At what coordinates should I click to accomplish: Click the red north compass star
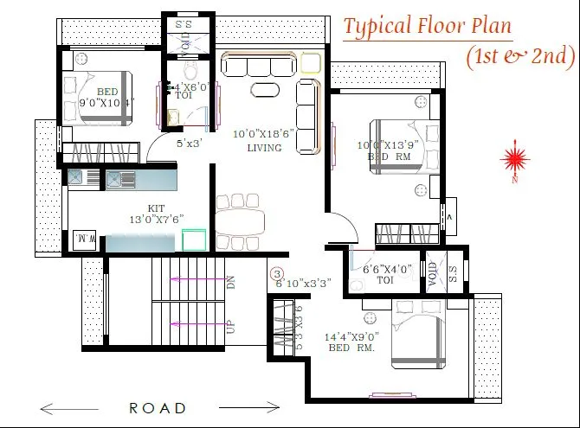(x=515, y=157)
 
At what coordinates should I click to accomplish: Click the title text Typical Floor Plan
(x=428, y=26)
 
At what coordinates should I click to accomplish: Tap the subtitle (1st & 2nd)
(x=519, y=56)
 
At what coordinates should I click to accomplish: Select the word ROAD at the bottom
(x=158, y=407)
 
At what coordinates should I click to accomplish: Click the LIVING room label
(x=263, y=148)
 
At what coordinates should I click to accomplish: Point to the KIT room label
(x=156, y=208)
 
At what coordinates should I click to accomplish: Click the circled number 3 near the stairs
(x=277, y=273)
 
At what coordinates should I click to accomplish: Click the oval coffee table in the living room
(x=266, y=90)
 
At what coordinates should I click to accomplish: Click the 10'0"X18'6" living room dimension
(x=263, y=135)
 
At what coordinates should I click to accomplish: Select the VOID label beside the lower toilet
(x=433, y=272)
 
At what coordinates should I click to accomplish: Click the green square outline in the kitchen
(x=196, y=240)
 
